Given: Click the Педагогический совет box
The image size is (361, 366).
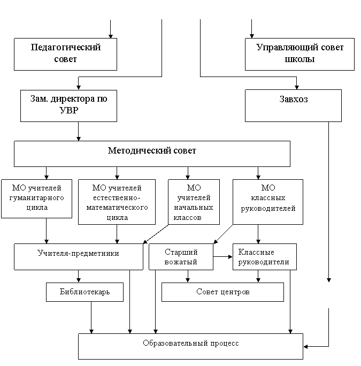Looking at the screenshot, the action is click(65, 54).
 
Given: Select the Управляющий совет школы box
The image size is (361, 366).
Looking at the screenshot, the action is click(299, 54).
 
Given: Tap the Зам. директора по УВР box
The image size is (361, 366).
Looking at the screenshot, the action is click(68, 106).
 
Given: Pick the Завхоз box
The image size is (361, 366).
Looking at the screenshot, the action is click(293, 105).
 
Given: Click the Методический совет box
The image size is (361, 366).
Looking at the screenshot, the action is click(152, 154).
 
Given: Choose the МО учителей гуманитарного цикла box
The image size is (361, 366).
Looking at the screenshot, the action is click(37, 199).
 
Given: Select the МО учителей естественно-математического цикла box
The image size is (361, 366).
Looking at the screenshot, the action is click(117, 202).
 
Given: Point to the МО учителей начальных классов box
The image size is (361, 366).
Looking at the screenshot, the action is click(194, 202).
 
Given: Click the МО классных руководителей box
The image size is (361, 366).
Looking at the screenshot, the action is click(268, 202).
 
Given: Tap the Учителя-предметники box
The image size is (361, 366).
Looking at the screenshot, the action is click(79, 257).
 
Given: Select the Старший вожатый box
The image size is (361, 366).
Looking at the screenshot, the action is click(181, 257).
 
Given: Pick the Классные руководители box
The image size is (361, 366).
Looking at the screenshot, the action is click(265, 257).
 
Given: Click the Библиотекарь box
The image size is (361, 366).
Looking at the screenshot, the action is click(85, 292).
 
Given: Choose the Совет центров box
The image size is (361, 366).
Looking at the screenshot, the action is click(222, 292).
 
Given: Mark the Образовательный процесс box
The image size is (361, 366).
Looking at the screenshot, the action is click(190, 346).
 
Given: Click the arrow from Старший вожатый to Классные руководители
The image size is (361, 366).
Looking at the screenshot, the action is click(223, 257).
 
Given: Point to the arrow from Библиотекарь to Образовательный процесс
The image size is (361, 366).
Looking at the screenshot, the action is click(91, 317).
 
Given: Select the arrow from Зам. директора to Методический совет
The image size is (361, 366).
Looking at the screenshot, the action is click(79, 131).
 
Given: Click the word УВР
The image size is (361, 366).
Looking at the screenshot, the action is click(69, 110).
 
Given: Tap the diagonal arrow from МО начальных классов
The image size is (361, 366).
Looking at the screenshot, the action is click(156, 234).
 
